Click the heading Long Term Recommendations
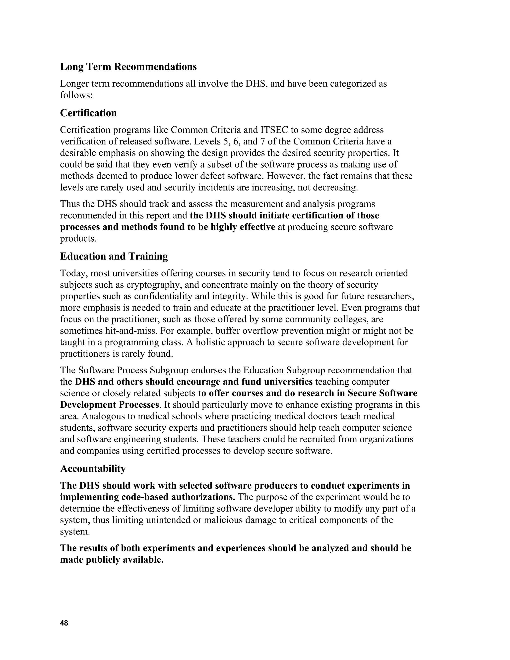pyautogui.click(x=128, y=67)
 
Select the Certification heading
pyautogui.click(x=88, y=113)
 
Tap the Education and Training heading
pyautogui.click(x=114, y=256)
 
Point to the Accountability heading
pyautogui.click(x=93, y=469)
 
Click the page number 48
pyautogui.click(x=64, y=623)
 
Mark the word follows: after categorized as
pyautogui.click(x=76, y=95)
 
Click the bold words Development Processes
pyautogui.click(x=109, y=405)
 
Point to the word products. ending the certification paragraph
pyautogui.click(x=78, y=238)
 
